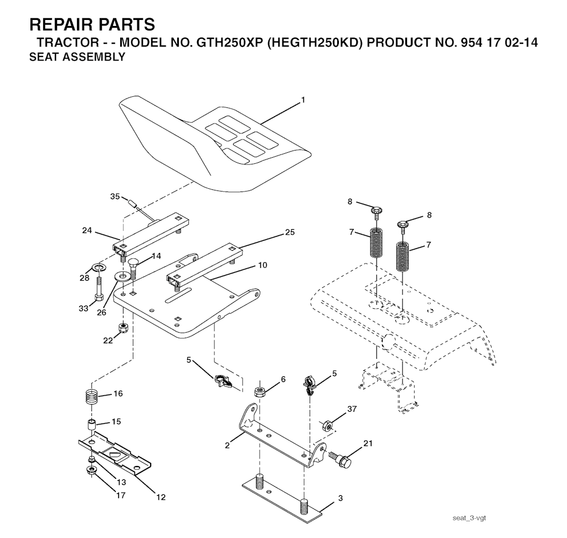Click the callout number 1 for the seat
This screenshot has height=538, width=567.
[303, 100]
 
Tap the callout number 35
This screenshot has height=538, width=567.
[115, 196]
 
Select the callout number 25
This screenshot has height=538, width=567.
[290, 232]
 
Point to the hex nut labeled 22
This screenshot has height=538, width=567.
[124, 328]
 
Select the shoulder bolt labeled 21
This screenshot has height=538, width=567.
[341, 459]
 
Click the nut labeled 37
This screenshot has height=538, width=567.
[328, 426]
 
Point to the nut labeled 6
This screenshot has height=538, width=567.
[260, 391]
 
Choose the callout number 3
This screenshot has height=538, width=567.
[341, 498]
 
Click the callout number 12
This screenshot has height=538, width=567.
[161, 497]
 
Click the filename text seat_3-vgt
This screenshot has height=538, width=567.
[469, 518]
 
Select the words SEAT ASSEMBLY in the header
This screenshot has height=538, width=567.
[77, 57]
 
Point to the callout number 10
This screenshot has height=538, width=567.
[262, 265]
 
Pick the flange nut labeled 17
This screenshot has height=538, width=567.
[91, 470]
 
